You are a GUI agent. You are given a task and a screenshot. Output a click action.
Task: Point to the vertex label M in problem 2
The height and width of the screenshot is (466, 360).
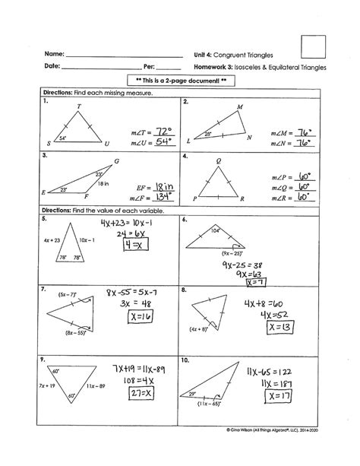click(x=240, y=107)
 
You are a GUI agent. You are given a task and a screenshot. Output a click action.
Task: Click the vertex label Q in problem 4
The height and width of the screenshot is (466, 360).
click(x=219, y=161)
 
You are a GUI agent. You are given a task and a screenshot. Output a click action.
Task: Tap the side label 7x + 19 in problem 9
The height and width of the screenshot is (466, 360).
click(x=35, y=385)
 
